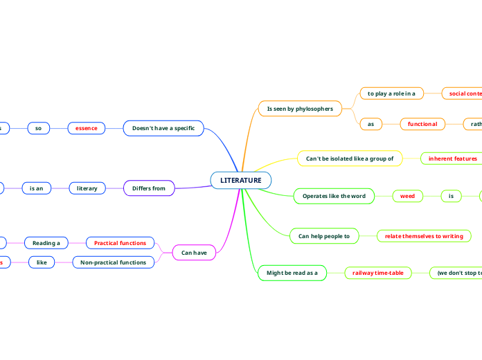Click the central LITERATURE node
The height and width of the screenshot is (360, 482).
pyautogui.click(x=241, y=180)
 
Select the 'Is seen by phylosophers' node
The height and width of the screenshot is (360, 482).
pyautogui.click(x=300, y=109)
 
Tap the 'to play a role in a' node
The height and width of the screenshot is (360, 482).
pyautogui.click(x=391, y=93)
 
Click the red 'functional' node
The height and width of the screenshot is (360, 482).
pyautogui.click(x=422, y=124)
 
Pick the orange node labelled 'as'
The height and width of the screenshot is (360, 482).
pyautogui.click(x=371, y=124)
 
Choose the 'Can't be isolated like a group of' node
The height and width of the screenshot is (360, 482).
pyautogui.click(x=350, y=159)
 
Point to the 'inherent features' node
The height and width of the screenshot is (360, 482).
pyautogui.click(x=453, y=159)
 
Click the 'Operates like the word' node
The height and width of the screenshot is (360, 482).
pyautogui.click(x=334, y=197)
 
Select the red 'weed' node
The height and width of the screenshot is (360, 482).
pyautogui.click(x=408, y=197)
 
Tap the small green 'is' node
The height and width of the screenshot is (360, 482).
pyautogui.click(x=451, y=197)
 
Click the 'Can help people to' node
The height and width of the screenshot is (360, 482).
pyautogui.click(x=324, y=236)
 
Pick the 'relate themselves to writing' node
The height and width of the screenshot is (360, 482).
pyautogui.click(x=424, y=236)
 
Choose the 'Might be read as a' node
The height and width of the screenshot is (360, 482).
pyautogui.click(x=292, y=273)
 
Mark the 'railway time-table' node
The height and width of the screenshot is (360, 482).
pyautogui.click(x=378, y=273)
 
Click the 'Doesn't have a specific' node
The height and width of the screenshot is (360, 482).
pyautogui.click(x=163, y=128)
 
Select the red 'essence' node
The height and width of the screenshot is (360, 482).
pyautogui.click(x=87, y=128)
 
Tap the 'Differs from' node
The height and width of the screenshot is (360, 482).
pyautogui.click(x=149, y=188)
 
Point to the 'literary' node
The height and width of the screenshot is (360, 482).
pyautogui.click(x=87, y=188)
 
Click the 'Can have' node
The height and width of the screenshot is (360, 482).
pyautogui.click(x=194, y=253)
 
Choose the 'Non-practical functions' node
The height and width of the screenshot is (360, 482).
pyautogui.click(x=114, y=262)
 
